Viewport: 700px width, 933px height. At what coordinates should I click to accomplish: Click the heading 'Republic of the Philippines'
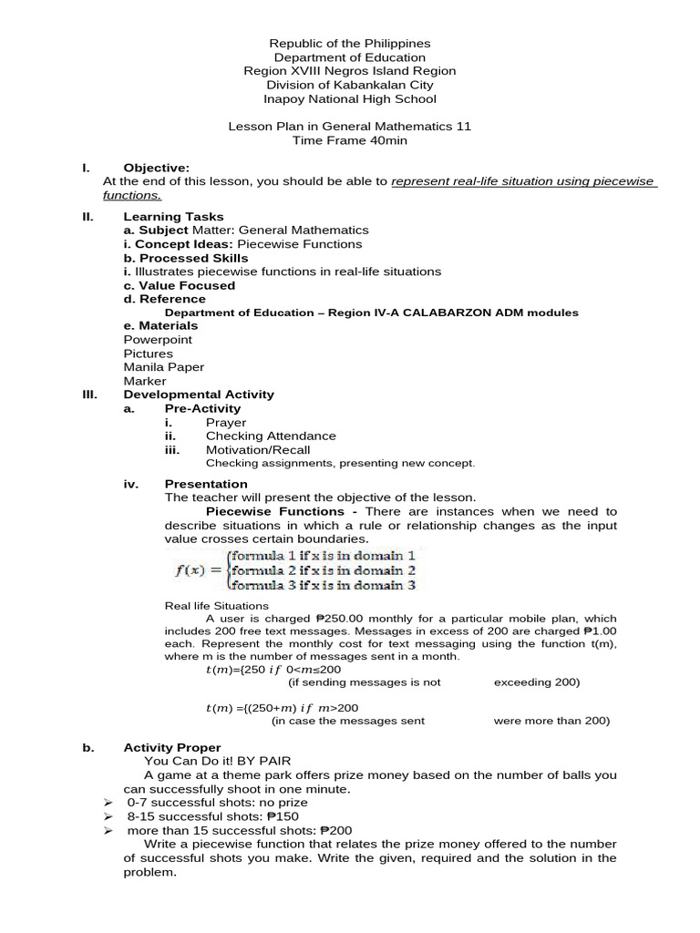pyautogui.click(x=350, y=43)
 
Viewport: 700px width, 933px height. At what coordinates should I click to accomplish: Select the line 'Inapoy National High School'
pyautogui.click(x=350, y=98)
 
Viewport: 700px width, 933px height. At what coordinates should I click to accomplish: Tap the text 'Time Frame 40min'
pyautogui.click(x=350, y=140)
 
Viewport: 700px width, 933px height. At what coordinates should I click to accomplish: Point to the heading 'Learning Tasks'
pyautogui.click(x=173, y=217)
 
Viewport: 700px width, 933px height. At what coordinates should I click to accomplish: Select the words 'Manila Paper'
pyautogui.click(x=163, y=367)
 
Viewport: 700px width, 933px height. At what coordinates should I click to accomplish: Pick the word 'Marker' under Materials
pyautogui.click(x=145, y=381)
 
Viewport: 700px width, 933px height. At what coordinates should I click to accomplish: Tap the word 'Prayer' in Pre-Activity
pyautogui.click(x=226, y=423)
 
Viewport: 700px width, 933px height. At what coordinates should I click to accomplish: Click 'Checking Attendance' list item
pyautogui.click(x=271, y=436)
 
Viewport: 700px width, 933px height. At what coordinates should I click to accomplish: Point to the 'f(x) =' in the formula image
pyautogui.click(x=200, y=571)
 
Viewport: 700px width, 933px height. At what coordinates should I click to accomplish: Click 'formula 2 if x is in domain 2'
pyautogui.click(x=323, y=570)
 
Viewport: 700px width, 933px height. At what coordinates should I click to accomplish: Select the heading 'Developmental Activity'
pyautogui.click(x=199, y=395)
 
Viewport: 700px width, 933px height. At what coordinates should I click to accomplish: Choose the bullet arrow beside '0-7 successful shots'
pyautogui.click(x=108, y=803)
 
